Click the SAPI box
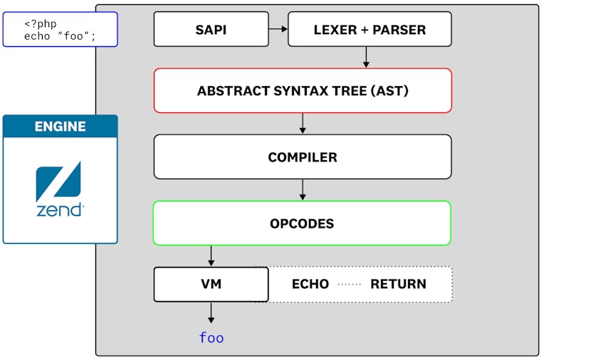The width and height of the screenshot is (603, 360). (x=211, y=29)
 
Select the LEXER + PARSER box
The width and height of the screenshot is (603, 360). (x=369, y=29)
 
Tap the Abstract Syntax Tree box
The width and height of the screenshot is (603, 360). (x=303, y=90)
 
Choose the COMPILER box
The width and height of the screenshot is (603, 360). (x=303, y=157)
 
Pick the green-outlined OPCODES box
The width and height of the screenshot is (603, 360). (x=303, y=223)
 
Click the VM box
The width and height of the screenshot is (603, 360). (x=211, y=284)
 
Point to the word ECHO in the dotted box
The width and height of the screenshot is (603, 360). (x=310, y=284)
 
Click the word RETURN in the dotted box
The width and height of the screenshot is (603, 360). (x=398, y=284)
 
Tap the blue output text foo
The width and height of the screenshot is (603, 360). (x=211, y=337)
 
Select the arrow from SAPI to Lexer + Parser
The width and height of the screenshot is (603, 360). (x=278, y=29)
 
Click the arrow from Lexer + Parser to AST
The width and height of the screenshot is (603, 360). (x=366, y=57)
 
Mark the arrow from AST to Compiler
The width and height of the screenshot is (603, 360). (x=303, y=123)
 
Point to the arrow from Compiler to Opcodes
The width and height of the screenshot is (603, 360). (x=303, y=189)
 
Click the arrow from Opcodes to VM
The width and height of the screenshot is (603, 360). (x=211, y=255)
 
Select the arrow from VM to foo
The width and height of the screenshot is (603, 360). (x=211, y=313)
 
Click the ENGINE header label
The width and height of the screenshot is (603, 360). (x=60, y=127)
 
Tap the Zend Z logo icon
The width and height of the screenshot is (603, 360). (x=58, y=181)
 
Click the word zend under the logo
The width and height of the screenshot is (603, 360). (x=59, y=210)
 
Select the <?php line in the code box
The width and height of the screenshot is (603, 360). (x=41, y=23)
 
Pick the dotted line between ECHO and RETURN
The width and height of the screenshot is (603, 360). (x=350, y=284)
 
